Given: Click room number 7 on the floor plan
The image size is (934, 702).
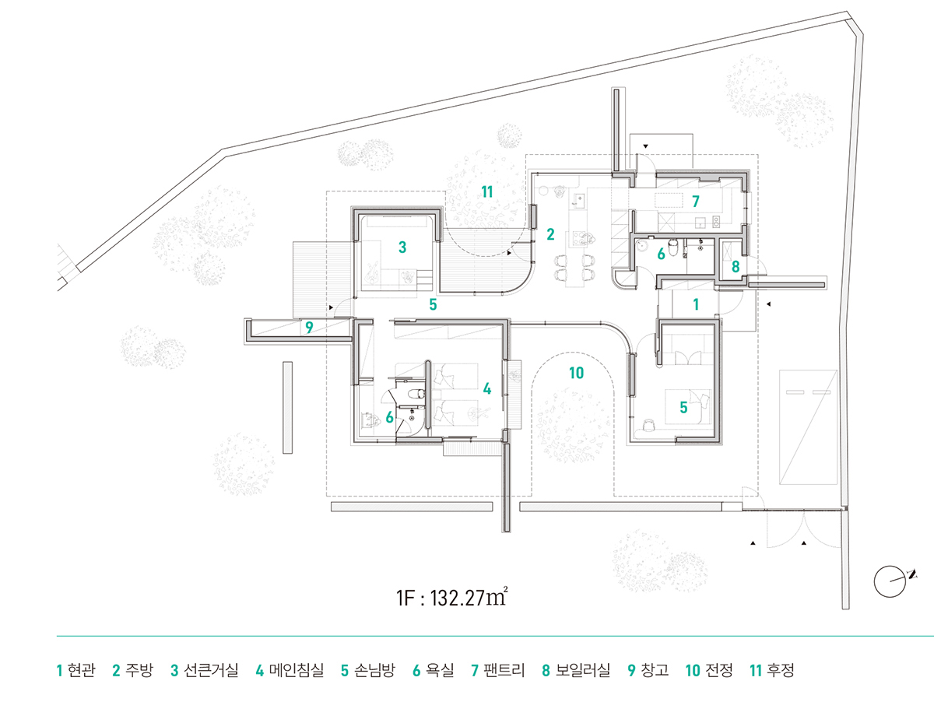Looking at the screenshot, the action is point(696,202).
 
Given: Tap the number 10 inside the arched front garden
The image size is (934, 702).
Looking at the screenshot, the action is point(577,373).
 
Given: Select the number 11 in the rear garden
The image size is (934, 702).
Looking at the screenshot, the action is point(487,192).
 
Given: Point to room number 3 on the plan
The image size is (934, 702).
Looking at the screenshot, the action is point(402,247).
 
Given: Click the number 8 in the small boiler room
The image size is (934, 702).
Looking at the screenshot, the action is point(736,267).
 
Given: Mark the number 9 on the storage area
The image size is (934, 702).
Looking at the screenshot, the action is point(309,328).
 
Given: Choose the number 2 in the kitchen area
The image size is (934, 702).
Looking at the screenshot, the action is point(550,234).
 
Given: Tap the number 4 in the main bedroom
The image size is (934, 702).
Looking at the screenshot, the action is point(487,388).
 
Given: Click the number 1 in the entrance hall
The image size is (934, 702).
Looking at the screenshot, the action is point(696,304).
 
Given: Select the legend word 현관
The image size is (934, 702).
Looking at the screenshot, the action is point(81,670).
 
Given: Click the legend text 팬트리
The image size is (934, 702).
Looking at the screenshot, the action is point(504,670).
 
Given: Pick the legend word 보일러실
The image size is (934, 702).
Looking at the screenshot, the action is point(582,670).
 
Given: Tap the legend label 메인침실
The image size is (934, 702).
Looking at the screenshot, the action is point(297,670).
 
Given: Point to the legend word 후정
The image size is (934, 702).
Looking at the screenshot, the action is point(781,670).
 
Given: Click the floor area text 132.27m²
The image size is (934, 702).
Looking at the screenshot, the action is point(469,598).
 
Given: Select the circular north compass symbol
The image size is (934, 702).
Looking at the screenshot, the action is point(890,581).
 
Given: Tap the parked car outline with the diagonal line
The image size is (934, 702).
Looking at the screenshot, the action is point(808,427).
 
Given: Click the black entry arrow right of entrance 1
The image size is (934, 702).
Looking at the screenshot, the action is point(768,304).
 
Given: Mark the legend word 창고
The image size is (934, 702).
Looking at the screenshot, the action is point(655,670).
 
